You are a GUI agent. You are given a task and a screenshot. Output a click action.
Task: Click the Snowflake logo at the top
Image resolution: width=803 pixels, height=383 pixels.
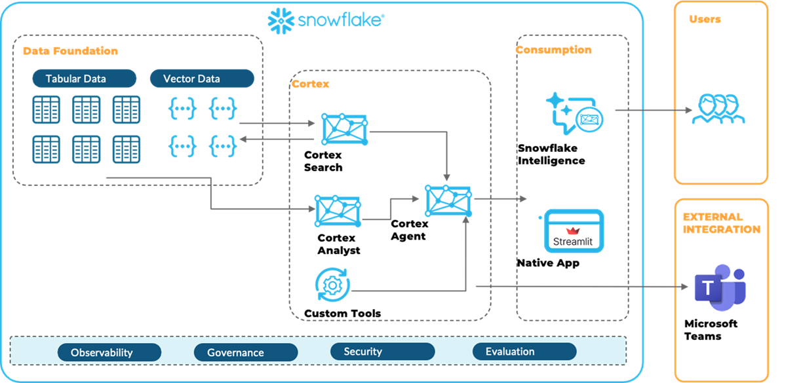tap(326, 20)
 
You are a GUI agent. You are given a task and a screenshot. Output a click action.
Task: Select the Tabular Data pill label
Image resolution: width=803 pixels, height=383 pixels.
tap(84, 79)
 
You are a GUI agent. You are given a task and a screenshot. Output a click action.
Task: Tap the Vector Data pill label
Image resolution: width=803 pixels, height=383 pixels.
tap(201, 79)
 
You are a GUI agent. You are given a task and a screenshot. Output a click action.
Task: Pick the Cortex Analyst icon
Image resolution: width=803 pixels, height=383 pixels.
tap(338, 211)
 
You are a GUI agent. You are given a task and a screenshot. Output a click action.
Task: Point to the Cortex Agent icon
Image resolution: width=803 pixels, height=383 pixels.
tap(448, 200)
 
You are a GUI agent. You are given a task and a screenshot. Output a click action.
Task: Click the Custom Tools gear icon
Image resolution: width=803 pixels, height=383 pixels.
tap(333, 285)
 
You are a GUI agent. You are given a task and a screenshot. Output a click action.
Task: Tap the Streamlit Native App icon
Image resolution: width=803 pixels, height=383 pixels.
tap(574, 231)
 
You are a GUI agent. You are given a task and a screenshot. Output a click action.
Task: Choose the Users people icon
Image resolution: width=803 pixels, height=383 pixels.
tap(718, 109)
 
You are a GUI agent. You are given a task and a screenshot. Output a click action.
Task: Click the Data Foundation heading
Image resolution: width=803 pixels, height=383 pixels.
tap(70, 51)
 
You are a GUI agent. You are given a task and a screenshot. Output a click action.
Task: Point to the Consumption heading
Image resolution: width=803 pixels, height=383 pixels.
tap(553, 50)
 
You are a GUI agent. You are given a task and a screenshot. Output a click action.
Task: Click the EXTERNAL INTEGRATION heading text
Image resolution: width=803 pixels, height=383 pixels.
tap(721, 223)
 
